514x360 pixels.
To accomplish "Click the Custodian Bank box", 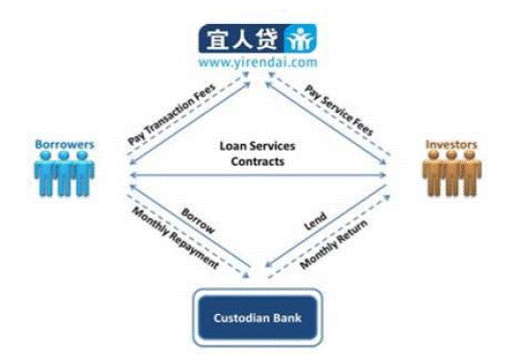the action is point(257,318).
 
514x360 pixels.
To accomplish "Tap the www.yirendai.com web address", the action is point(258,62).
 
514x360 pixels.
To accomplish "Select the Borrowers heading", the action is point(64,144).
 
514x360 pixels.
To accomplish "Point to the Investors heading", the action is point(451,144).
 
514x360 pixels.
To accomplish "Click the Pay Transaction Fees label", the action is point(171,114).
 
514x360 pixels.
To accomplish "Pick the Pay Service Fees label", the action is point(339,110).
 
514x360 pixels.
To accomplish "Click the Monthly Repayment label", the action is point(176,238).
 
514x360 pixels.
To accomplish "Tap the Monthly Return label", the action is point(333,245).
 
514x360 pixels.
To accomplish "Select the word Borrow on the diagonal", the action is point(198,221).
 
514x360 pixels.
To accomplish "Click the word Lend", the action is point(315,221).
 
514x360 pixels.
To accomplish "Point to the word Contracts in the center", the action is point(257,161).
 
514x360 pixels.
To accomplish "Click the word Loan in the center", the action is point(233,146).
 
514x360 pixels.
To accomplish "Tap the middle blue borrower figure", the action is point(64,173).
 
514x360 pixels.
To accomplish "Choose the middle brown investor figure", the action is point(452,173).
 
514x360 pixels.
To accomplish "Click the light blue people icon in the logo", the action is point(300,38).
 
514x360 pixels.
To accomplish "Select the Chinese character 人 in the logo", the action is point(242,39).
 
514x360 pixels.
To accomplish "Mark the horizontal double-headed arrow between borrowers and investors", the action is point(258,176).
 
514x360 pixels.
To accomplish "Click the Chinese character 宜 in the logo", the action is point(218,39).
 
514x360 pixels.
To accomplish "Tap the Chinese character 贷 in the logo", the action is point(267,39).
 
